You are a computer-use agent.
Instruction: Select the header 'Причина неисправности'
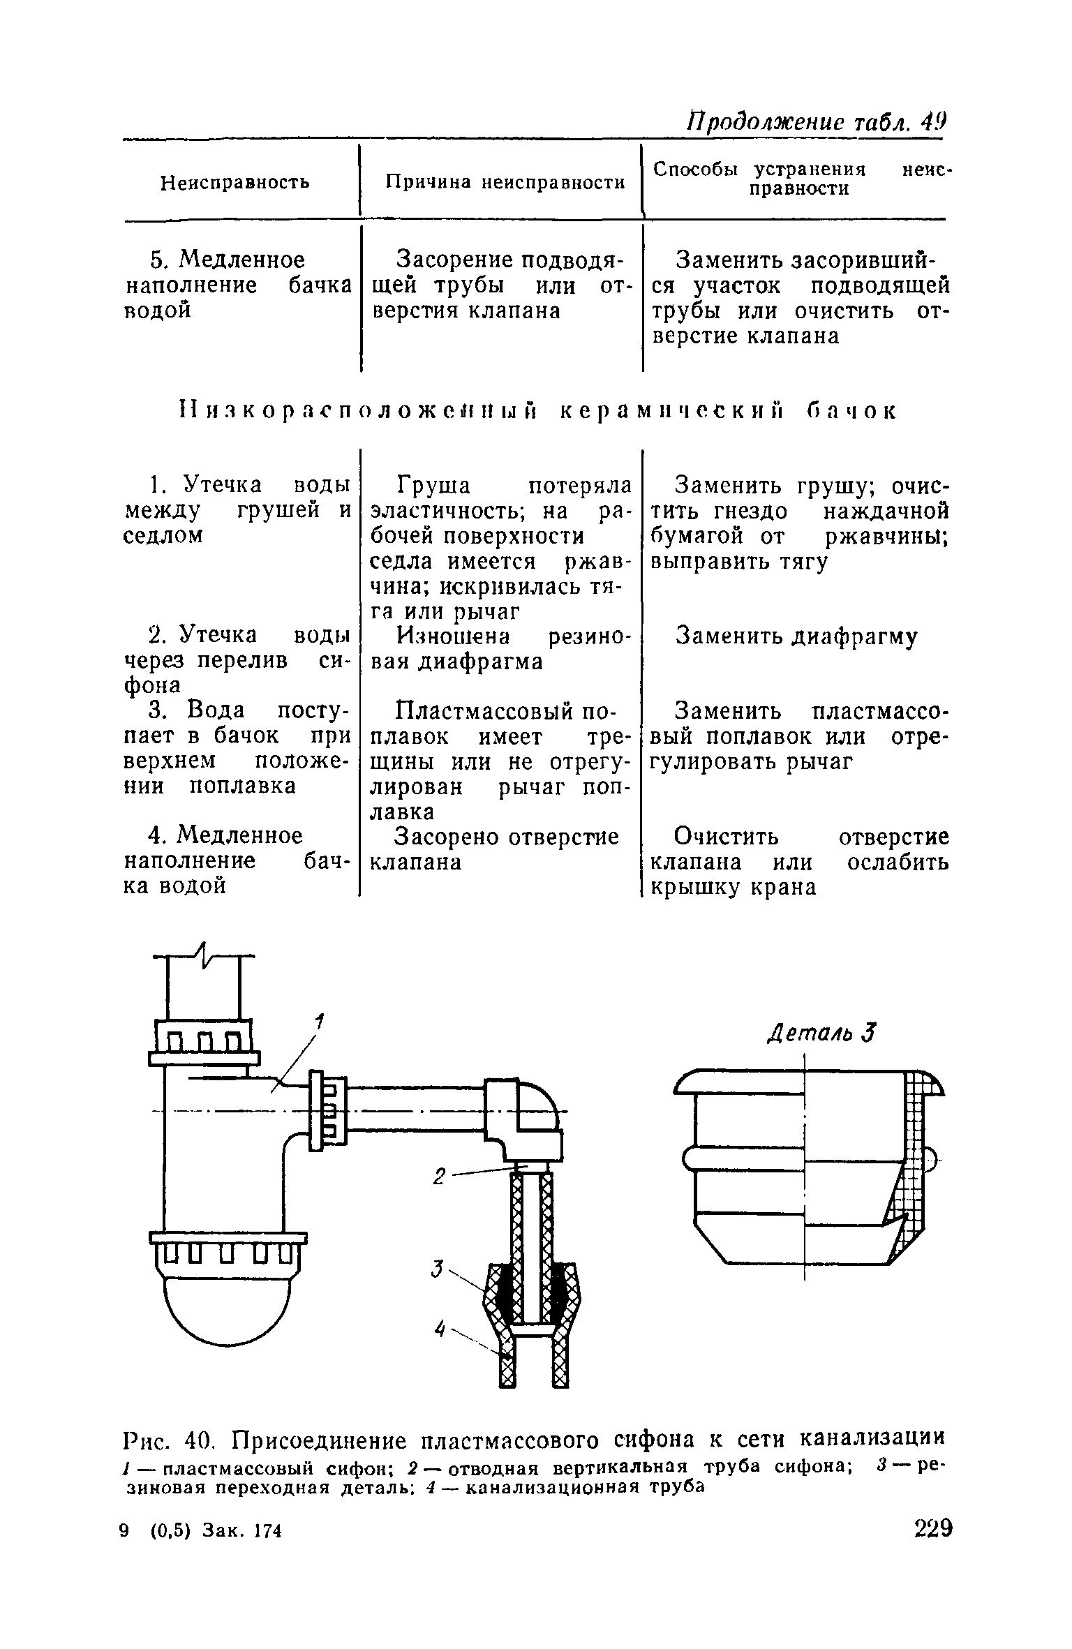[505, 183]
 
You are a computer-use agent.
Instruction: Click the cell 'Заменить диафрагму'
[797, 636]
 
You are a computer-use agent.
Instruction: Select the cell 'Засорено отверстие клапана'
[494, 849]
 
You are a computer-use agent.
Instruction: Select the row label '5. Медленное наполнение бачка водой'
[237, 285]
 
